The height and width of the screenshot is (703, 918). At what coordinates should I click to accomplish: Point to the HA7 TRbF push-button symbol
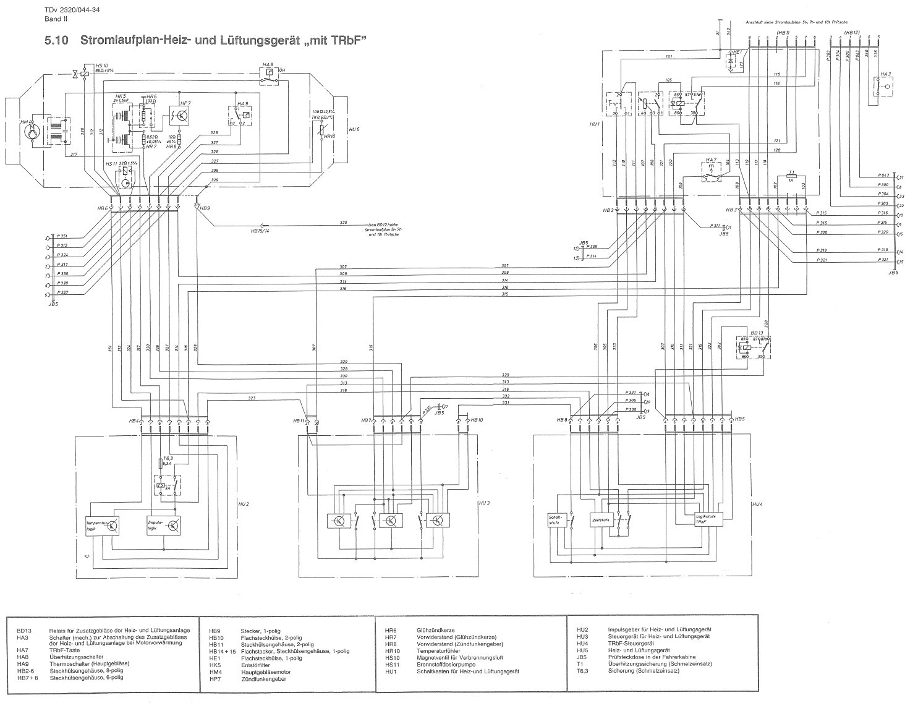(712, 173)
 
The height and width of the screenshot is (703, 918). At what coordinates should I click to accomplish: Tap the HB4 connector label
(133, 421)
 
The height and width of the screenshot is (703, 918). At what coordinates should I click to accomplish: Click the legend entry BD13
(23, 629)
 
